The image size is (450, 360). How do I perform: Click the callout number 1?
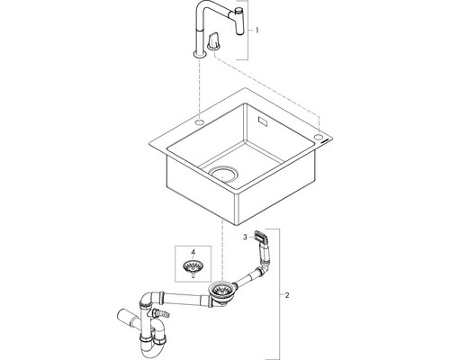click(256, 31)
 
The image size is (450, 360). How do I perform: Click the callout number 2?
click(287, 295)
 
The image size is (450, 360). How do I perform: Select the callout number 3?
click(245, 237)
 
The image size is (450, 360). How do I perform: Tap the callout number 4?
click(193, 252)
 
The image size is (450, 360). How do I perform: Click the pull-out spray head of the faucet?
click(239, 22)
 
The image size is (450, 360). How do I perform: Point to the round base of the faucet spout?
click(200, 54)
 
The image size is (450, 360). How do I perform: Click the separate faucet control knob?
click(214, 41)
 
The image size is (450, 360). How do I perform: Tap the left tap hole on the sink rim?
click(200, 122)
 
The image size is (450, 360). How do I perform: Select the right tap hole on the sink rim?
click(318, 137)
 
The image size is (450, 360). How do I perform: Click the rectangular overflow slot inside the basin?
click(264, 121)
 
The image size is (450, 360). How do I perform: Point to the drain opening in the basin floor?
click(223, 174)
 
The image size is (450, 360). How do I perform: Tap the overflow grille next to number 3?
click(260, 236)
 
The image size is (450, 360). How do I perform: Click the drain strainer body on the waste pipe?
click(221, 292)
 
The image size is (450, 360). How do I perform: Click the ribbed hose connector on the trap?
click(161, 313)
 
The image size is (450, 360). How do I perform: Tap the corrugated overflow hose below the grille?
click(265, 255)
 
